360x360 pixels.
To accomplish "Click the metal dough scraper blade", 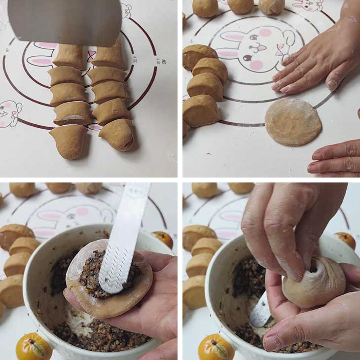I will click(64, 22).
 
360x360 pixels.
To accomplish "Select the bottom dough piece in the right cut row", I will click(117, 134).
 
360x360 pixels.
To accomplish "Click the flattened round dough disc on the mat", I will click(293, 121).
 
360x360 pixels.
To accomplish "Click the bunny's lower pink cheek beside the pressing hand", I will click(255, 65).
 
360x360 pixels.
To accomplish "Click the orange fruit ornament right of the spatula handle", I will click(163, 239).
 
